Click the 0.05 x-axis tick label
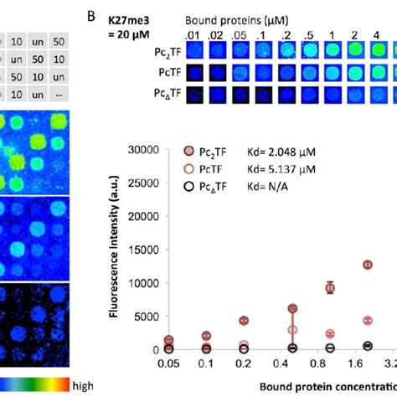(x=169, y=366)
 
